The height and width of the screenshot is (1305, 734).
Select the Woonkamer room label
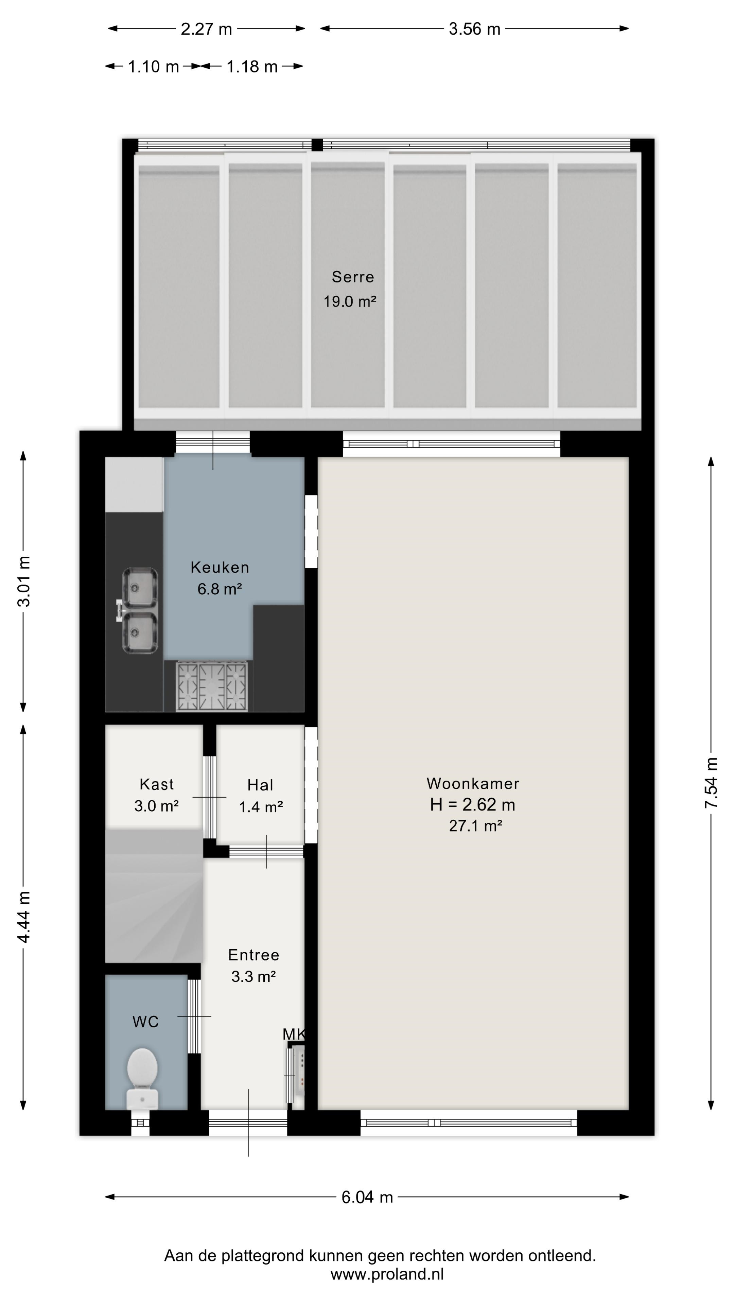473,784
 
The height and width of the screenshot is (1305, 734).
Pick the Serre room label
353,277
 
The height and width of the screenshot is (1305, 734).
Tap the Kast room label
157,784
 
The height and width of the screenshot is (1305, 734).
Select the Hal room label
260,785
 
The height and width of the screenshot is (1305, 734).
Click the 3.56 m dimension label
474,29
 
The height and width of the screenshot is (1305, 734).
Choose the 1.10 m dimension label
153,66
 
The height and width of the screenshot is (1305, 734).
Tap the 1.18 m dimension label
252,66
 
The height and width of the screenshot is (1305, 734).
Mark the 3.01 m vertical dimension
23,581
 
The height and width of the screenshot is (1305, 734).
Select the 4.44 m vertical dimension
23,917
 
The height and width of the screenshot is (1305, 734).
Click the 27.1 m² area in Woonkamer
475,826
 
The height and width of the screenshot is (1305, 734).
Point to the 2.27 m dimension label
206,29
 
